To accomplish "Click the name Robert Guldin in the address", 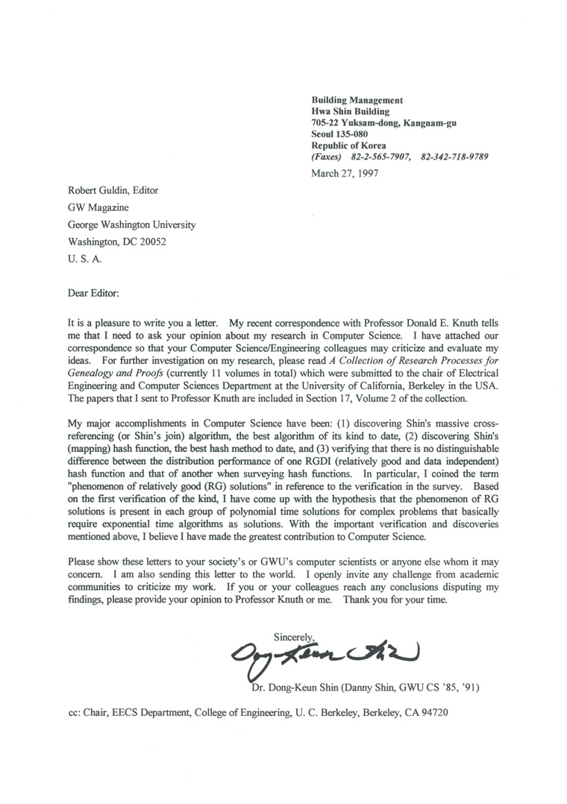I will (x=93, y=190).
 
